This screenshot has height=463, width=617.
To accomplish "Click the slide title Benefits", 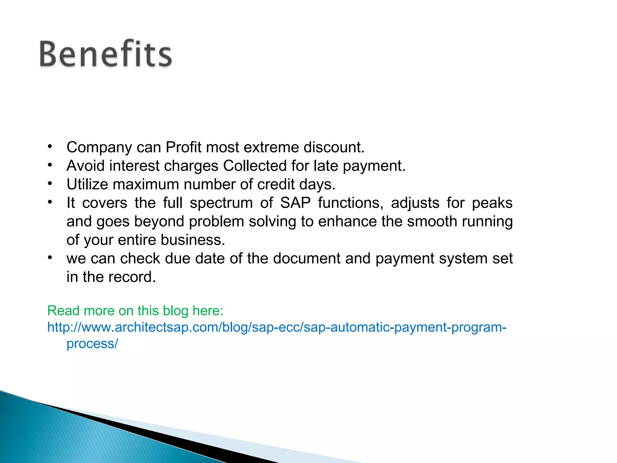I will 105,54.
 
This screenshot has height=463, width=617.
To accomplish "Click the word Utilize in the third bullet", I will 87,184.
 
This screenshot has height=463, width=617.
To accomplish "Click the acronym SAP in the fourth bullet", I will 295,203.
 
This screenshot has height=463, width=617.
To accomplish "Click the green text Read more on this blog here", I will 135,311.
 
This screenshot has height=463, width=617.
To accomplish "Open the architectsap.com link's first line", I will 277,327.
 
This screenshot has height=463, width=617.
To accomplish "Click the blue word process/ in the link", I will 92,344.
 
